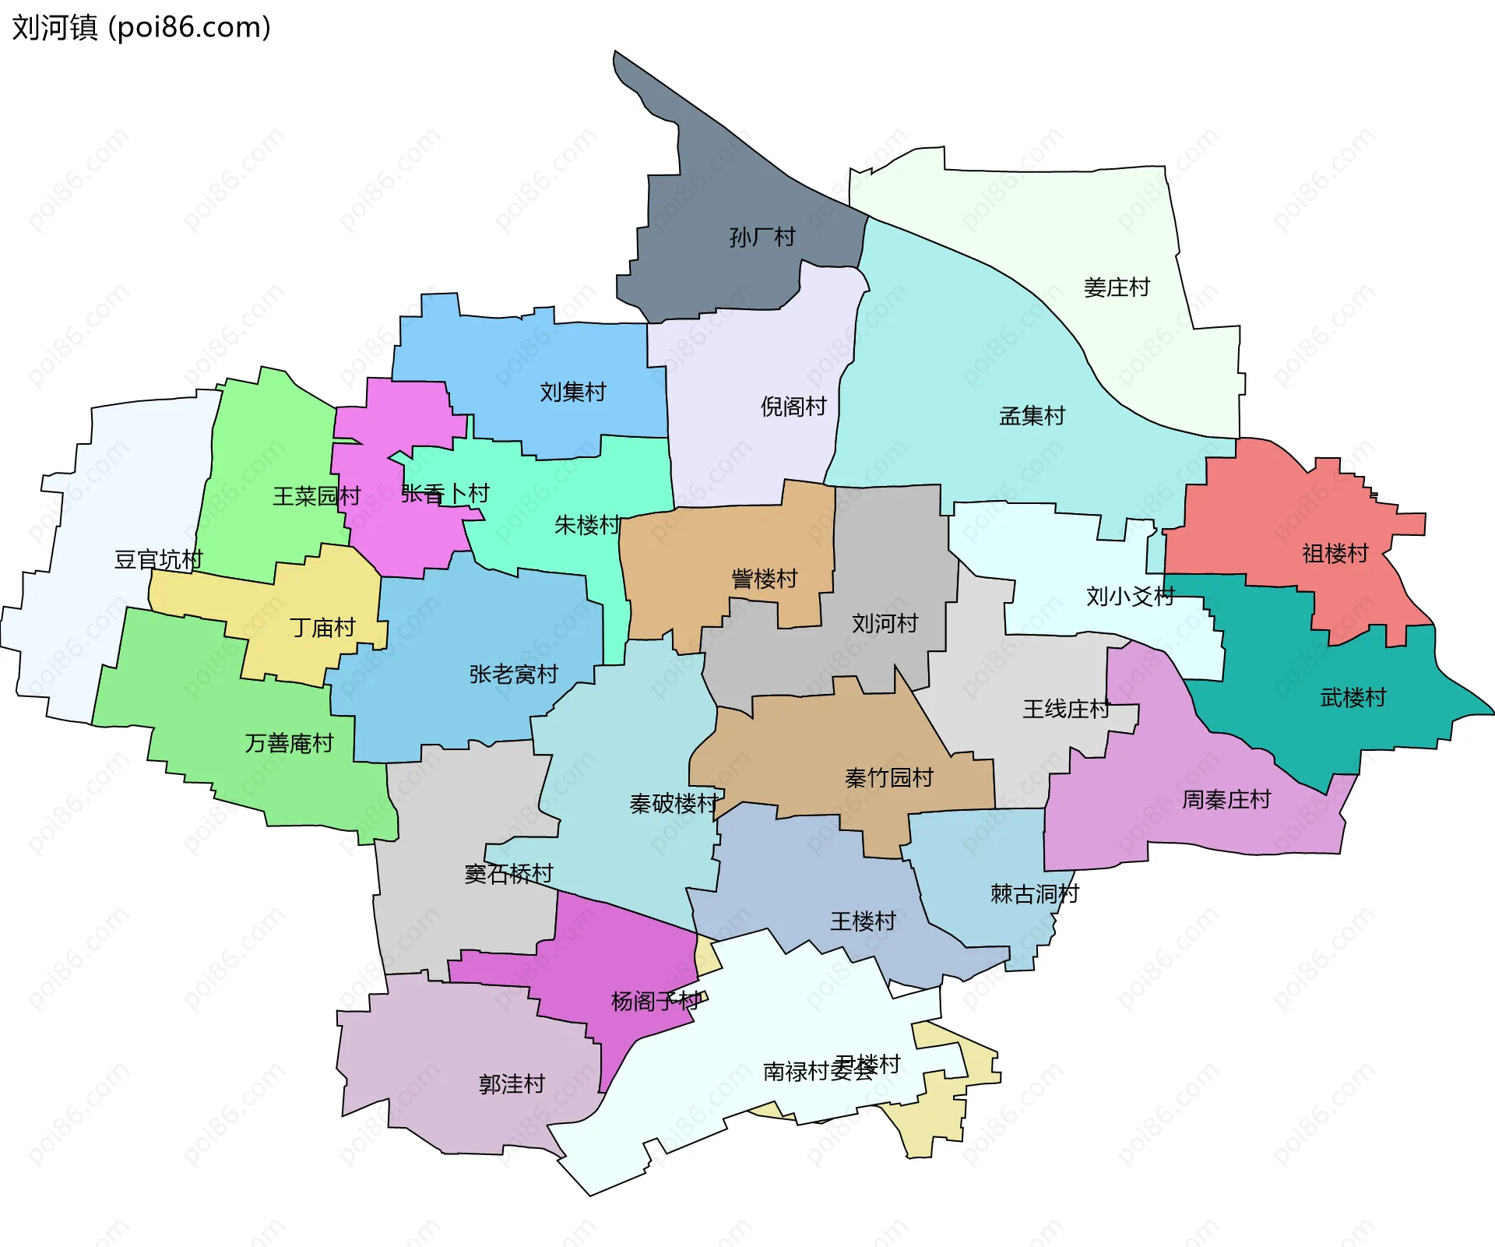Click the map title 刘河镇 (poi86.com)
click(x=141, y=27)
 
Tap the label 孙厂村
click(x=762, y=237)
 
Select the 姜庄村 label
click(x=1116, y=287)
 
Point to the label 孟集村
click(x=1031, y=416)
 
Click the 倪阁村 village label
click(x=793, y=407)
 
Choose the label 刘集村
click(x=572, y=392)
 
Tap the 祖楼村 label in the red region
click(x=1335, y=554)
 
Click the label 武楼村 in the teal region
click(x=1353, y=697)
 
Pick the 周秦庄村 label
click(x=1226, y=799)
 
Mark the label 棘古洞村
click(x=1034, y=893)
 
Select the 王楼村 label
click(x=863, y=921)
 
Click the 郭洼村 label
click(x=511, y=1083)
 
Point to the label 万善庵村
click(x=289, y=743)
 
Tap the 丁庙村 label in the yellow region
click(x=322, y=627)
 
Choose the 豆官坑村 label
click(x=158, y=559)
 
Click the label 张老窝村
click(x=513, y=674)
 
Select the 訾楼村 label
click(x=764, y=579)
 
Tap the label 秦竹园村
click(x=888, y=777)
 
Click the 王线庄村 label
click(x=1066, y=709)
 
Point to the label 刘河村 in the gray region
click(x=885, y=623)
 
